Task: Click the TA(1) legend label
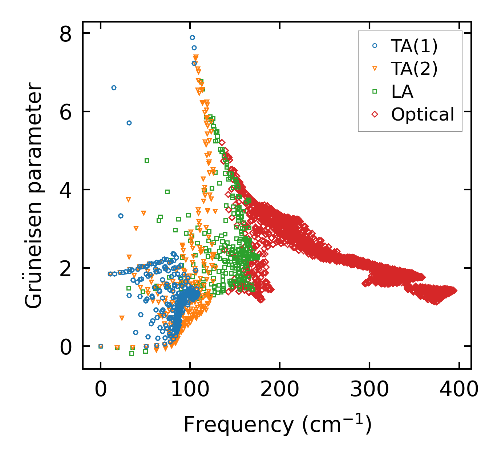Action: pyautogui.click(x=414, y=46)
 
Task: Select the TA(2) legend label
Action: pyautogui.click(x=414, y=69)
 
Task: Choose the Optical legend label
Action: pyautogui.click(x=423, y=114)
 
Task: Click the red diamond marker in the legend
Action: pyautogui.click(x=375, y=114)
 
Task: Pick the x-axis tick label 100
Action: pyautogui.click(x=190, y=390)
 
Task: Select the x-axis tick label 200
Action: pyautogui.click(x=279, y=390)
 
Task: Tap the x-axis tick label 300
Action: pyautogui.click(x=369, y=390)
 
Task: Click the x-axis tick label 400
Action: pyautogui.click(x=459, y=390)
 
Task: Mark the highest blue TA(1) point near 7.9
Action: pyautogui.click(x=192, y=37)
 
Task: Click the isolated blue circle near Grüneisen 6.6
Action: pyautogui.click(x=114, y=88)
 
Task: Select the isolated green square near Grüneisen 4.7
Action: pyautogui.click(x=147, y=161)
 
